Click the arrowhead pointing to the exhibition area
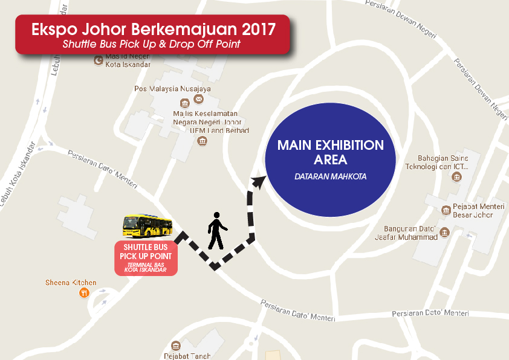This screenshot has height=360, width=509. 260,180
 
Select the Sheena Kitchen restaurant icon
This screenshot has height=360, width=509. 84,293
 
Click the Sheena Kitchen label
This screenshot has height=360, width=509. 71,282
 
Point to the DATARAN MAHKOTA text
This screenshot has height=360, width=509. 331,177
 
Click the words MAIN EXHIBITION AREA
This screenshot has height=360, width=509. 331,153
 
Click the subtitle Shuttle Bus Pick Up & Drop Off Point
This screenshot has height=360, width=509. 151,44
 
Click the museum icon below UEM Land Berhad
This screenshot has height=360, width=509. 202,141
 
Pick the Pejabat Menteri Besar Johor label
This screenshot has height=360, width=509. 478,210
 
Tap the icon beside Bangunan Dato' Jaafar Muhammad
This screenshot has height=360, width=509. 445,233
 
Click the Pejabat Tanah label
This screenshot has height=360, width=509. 187,356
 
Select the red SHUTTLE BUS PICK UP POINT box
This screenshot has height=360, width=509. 146,259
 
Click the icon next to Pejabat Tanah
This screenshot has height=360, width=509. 175,346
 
